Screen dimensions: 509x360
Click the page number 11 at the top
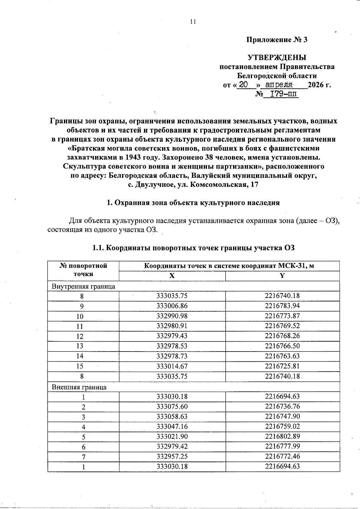[x=193, y=22]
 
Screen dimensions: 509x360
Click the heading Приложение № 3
[x=277, y=40]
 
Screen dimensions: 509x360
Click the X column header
[x=172, y=276]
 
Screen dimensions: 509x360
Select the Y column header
[x=282, y=276]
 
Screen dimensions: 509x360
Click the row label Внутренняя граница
[x=83, y=286]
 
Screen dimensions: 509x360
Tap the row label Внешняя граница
[x=79, y=387]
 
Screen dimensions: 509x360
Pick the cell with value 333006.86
[x=172, y=306]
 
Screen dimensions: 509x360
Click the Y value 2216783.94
[x=282, y=306]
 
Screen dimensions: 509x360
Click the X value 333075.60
[x=172, y=406]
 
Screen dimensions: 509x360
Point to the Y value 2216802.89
[x=282, y=436]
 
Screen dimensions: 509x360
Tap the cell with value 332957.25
[x=172, y=457]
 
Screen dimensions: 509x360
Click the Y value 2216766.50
[x=282, y=346]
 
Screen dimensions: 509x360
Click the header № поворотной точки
[x=83, y=270]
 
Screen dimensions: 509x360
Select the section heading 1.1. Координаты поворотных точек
[x=193, y=248]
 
